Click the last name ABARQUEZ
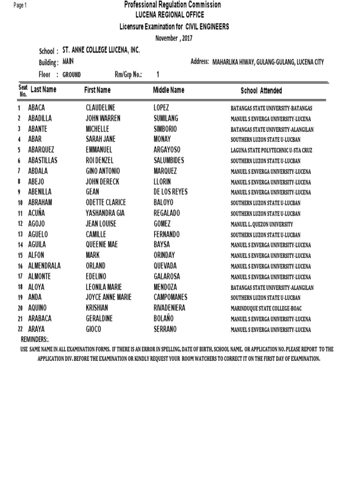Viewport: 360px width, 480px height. [41, 150]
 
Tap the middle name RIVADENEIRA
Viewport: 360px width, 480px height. [169, 308]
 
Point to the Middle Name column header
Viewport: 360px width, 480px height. [169, 90]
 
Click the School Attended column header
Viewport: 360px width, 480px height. [261, 91]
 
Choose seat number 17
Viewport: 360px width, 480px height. [20, 277]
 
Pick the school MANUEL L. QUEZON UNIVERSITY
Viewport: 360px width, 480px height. [262, 224]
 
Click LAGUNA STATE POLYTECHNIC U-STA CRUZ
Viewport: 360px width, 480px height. [271, 150]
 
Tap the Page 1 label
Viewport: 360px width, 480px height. [21, 5]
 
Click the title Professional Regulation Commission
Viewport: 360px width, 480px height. [172, 5]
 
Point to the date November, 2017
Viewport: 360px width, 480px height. [174, 38]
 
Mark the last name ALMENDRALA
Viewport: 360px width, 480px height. [45, 266]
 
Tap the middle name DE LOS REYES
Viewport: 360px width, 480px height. [171, 192]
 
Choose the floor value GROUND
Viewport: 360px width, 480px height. [72, 75]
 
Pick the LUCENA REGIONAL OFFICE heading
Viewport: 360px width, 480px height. [173, 15]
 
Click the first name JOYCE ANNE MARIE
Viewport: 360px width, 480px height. [109, 298]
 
